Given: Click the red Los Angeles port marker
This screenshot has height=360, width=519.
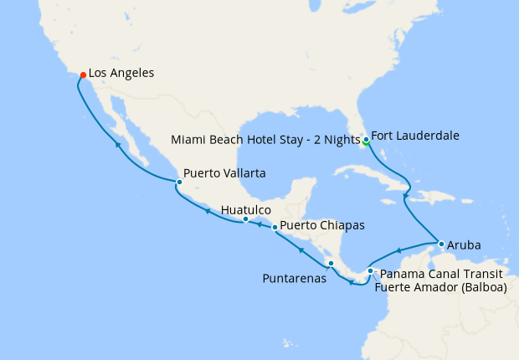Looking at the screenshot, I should [83, 75].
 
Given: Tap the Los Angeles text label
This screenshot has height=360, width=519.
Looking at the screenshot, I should [121, 74].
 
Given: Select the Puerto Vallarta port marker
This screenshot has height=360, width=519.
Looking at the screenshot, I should [179, 182].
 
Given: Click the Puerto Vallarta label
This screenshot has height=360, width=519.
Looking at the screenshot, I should [224, 173].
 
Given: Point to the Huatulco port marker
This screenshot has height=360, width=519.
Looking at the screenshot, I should [245, 219].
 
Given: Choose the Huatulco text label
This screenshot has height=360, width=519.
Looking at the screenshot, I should [246, 209].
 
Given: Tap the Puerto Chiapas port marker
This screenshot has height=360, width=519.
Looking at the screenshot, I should [275, 227].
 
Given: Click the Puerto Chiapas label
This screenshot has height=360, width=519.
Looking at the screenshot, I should [322, 225].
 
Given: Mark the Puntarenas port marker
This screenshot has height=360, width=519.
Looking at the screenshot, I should [331, 264].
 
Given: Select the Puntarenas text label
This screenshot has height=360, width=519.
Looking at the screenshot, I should [294, 279].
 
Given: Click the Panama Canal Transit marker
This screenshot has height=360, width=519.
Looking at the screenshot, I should [370, 270].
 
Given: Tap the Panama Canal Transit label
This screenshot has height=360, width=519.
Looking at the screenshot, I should [440, 274].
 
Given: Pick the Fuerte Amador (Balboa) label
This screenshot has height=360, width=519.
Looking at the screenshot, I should [440, 288].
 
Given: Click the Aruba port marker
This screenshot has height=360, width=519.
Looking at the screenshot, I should [440, 244].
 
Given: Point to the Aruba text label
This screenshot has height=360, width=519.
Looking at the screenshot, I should [464, 246].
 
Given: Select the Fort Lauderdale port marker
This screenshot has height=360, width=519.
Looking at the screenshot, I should [367, 138].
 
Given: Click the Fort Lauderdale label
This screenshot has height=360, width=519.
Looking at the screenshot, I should [414, 135].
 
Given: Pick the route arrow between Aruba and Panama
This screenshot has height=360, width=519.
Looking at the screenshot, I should [398, 250].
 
